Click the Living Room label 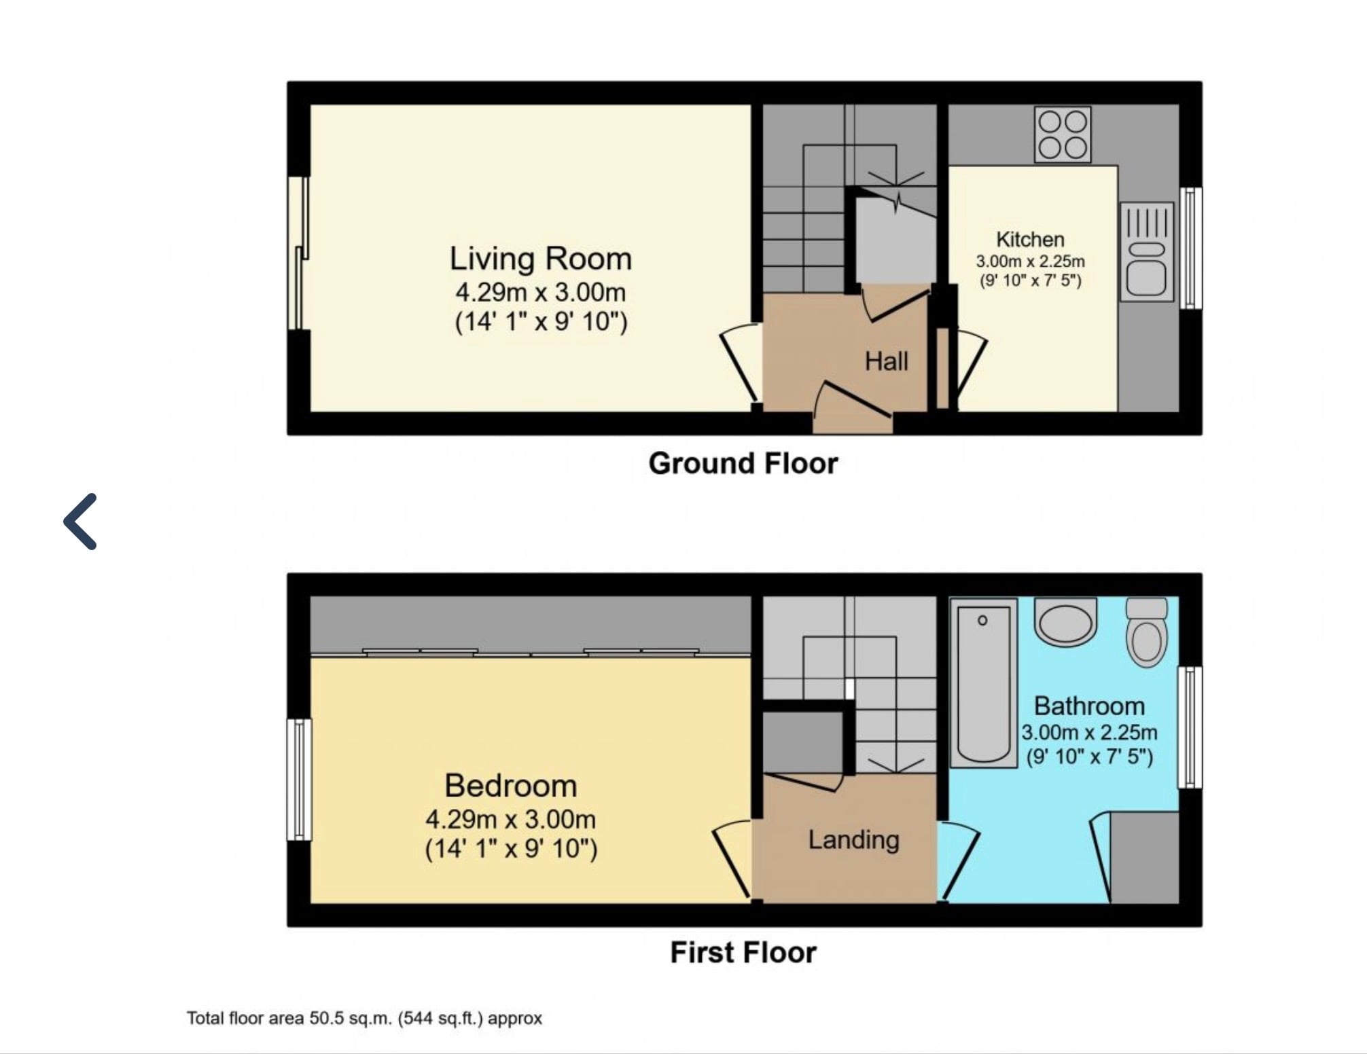click(541, 259)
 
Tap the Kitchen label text click(1030, 240)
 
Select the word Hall click(886, 361)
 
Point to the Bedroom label click(511, 786)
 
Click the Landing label click(853, 841)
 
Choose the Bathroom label click(1089, 706)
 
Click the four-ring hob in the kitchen click(1063, 134)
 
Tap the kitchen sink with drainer click(1147, 251)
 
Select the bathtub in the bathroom click(983, 683)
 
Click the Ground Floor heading click(743, 463)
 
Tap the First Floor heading click(743, 952)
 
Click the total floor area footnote click(364, 1019)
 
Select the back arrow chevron click(80, 521)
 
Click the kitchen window click(1190, 248)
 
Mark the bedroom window click(299, 779)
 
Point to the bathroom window click(1190, 727)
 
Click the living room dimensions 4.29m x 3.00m click(541, 293)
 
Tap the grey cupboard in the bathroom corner click(1144, 857)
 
